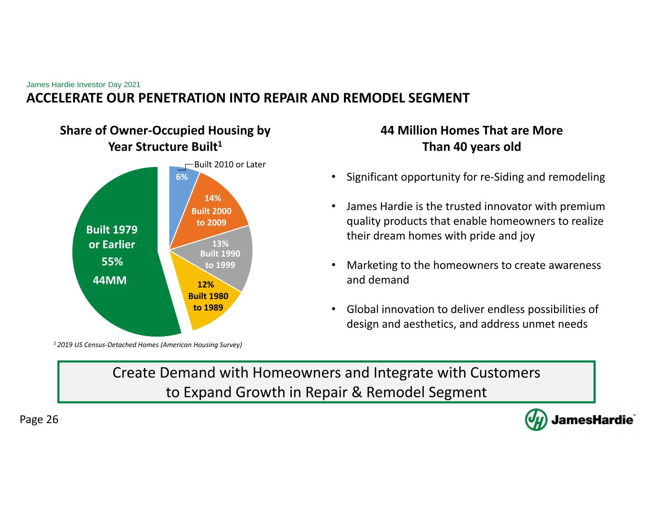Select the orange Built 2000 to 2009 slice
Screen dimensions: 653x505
[212, 211]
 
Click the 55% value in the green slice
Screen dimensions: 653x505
[112, 261]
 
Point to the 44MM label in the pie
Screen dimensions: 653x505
[110, 280]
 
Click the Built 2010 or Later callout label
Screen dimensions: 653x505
[230, 165]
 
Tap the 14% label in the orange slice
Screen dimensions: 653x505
[213, 198]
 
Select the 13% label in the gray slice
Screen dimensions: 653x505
[220, 244]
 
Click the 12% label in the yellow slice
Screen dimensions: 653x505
[206, 284]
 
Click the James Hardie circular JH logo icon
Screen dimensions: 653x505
[536, 420]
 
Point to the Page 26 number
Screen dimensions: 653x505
[39, 419]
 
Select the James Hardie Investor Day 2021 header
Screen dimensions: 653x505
[83, 84]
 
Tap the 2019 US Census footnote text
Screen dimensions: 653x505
[148, 345]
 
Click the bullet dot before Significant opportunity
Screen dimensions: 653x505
[333, 177]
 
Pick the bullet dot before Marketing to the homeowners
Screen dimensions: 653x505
[333, 265]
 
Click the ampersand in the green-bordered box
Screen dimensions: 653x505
[357, 393]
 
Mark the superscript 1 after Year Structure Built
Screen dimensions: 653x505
[220, 144]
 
